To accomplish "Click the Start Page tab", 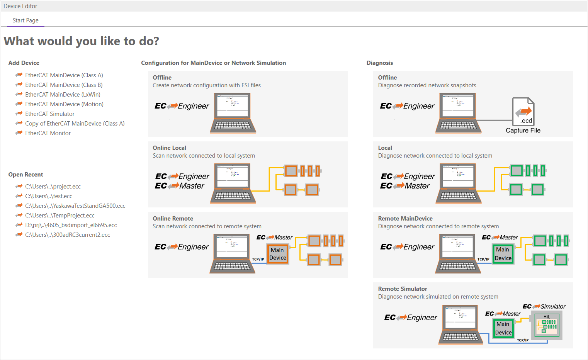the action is tap(25, 20).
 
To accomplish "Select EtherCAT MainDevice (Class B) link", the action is tap(64, 85).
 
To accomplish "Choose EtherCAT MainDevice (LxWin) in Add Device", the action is tap(63, 95).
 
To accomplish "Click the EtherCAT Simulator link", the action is tap(50, 114).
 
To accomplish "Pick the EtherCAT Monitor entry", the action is tap(48, 133).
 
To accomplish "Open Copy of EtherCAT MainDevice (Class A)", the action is tap(75, 124).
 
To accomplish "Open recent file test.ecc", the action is tap(49, 196).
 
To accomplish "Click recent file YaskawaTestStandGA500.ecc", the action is tap(75, 206).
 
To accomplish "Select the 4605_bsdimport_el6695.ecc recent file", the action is tap(71, 225).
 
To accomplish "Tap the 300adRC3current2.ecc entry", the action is tap(68, 235).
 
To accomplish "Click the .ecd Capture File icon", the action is tap(523, 112).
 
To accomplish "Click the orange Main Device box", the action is tap(278, 254).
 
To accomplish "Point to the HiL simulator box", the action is tap(547, 325).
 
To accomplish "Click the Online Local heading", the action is tap(169, 148).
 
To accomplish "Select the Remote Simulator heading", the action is tap(403, 289).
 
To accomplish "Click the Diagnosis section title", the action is tap(380, 63).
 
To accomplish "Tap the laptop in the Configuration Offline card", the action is tap(233, 113).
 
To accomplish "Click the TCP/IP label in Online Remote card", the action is tap(258, 259).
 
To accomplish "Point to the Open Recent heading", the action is tap(26, 175).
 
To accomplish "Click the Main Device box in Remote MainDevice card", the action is tap(503, 254).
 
